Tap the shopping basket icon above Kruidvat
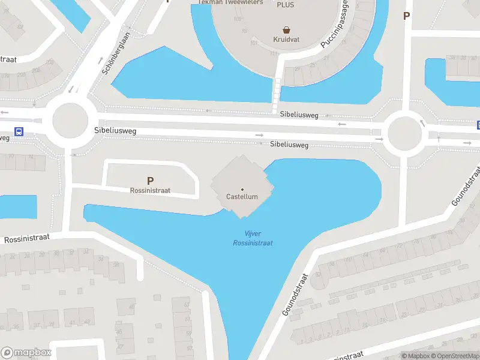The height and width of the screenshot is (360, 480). click(287, 29)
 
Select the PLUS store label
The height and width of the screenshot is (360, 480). click(286, 4)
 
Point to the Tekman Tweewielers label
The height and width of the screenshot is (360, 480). click(230, 2)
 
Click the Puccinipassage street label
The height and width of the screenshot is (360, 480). click(335, 25)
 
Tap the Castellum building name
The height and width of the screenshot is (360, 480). click(242, 197)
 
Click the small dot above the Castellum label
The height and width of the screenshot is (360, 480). click(242, 189)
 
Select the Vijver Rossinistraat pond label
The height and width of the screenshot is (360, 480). click(253, 238)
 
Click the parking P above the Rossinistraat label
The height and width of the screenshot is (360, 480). click(150, 180)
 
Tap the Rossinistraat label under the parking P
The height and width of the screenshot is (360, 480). click(150, 190)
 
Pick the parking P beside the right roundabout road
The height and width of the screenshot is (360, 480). click(407, 16)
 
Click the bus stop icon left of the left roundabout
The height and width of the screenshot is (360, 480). click(19, 131)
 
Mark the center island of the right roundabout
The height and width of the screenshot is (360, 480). click(404, 134)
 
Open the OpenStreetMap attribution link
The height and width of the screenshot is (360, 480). click(457, 356)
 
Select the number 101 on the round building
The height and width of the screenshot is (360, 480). click(254, 43)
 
